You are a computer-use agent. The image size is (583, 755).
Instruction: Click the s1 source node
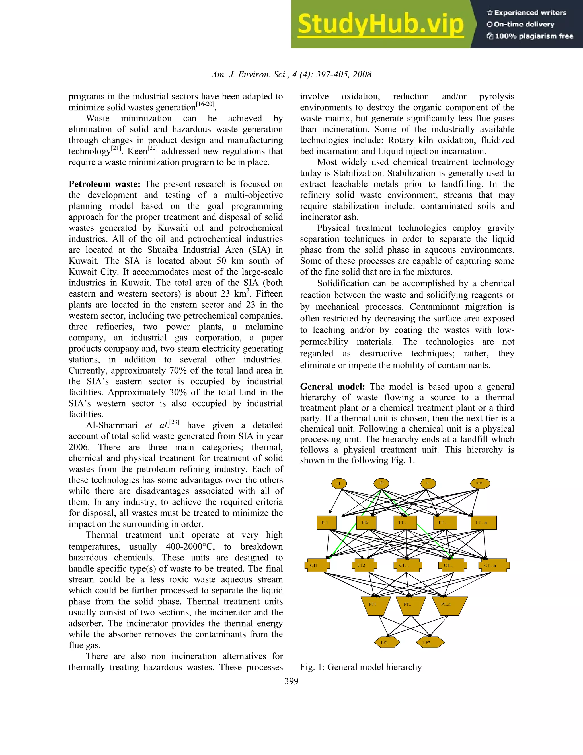tap(339, 484)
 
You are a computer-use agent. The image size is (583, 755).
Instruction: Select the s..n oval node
tap(480, 483)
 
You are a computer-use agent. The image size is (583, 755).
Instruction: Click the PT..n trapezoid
tap(449, 605)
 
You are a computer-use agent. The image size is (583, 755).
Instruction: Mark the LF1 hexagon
tap(387, 643)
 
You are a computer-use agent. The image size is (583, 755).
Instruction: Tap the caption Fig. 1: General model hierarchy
tap(361, 667)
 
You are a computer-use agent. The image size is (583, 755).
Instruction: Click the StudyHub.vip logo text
tap(381, 24)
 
